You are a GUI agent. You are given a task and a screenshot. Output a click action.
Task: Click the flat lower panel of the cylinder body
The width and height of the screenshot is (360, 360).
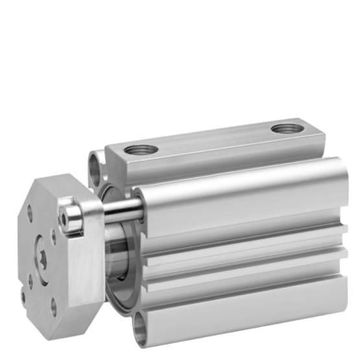point(246,305)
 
